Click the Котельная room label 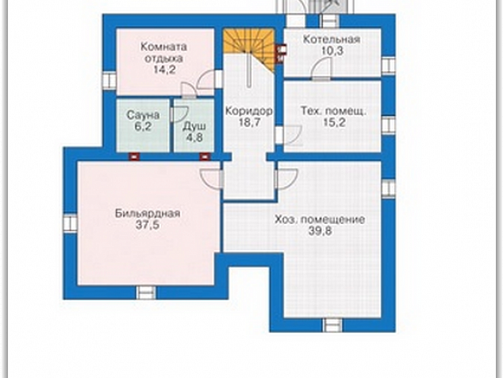coord(332,40)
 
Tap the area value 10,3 coord(332,51)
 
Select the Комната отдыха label coord(163,52)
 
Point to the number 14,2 coord(164,69)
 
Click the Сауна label coord(143,115)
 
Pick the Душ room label coord(194,126)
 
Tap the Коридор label coord(249,111)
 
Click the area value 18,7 coord(249,122)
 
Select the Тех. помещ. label coord(333,111)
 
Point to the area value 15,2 coord(334,122)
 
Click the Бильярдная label coord(148,214)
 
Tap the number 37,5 coord(148,225)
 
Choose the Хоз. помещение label coord(320,220)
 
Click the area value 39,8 coord(320,231)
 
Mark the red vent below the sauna coord(134,156)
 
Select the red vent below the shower coord(205,156)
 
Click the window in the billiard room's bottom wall coord(146,292)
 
